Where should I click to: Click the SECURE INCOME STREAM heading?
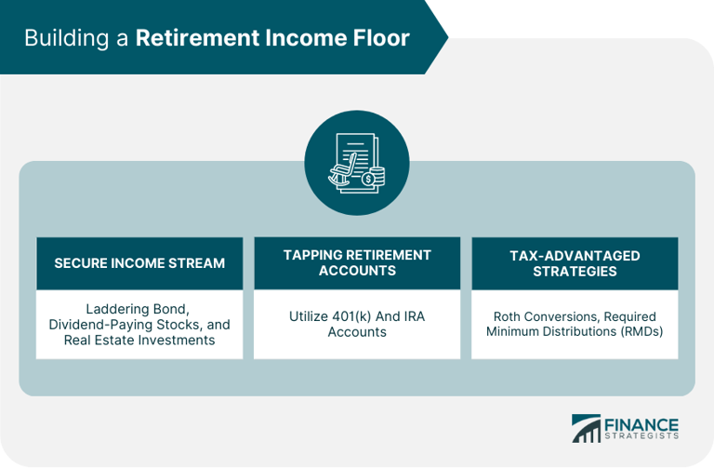139,263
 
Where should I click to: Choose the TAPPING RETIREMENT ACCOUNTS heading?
357,262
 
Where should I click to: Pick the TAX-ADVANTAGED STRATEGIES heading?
575,262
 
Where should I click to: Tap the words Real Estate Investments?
139,340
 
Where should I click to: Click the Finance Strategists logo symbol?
586,428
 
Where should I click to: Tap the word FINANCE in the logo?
642,423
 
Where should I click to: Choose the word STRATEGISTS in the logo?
642,435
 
